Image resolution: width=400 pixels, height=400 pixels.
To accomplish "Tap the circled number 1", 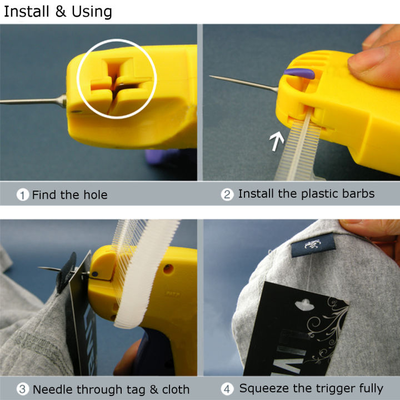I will pos(23,194).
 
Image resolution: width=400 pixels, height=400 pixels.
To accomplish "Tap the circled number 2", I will pos(227,194).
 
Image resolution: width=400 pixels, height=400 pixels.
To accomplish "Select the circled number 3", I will pos(23,389).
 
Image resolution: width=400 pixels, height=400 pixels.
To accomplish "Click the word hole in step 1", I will pos(94,194).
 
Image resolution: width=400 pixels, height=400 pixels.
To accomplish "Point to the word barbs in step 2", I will pos(359,194).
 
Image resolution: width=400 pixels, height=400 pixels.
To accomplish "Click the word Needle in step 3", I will pos(51,389).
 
